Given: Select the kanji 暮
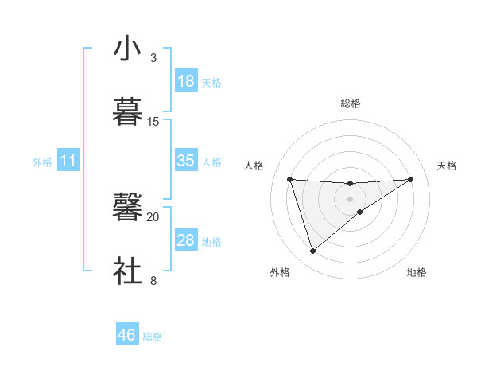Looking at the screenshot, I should (127, 112).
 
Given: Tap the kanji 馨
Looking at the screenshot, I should (127, 208).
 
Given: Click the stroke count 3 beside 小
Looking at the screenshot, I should (153, 57).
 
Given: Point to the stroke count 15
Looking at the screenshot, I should (153, 121).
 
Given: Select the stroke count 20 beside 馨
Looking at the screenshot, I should (153, 216).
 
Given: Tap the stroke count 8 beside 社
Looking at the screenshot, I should (153, 280).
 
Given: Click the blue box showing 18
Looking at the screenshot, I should (185, 81).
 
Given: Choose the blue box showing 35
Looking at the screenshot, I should (185, 161).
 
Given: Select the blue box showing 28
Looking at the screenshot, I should (185, 240).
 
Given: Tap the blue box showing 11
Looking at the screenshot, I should (68, 162).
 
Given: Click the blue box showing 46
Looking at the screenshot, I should (127, 335).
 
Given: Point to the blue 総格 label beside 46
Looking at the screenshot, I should (153, 337).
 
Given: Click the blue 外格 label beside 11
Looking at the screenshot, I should (42, 162).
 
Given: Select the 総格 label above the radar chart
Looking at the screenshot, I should (351, 103).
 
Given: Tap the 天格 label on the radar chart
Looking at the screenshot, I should (447, 166).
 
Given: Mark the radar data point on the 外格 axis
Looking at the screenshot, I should (312, 251).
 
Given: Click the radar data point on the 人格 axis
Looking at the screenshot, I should (289, 179).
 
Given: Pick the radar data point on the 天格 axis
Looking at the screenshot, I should (411, 179).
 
